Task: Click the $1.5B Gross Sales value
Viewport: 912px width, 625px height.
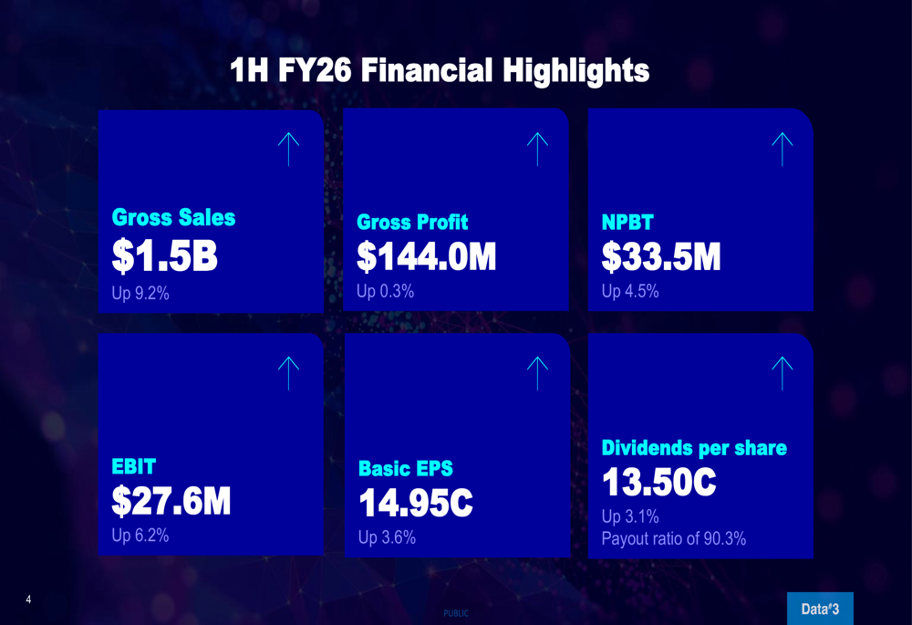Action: coord(165,257)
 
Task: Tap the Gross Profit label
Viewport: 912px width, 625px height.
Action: coord(412,222)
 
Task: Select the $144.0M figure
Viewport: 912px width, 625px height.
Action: coord(427,257)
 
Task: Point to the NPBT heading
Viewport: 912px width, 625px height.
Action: coord(627,222)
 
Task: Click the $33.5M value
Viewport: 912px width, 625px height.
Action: coord(661,257)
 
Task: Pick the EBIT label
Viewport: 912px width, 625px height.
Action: coord(134,466)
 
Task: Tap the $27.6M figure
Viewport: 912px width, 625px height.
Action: coord(171,501)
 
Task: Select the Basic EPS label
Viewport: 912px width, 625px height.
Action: coord(406,469)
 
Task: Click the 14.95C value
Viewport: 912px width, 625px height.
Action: coord(416,504)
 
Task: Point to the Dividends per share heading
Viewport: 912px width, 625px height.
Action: coord(694,448)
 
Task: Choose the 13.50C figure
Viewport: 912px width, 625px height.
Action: coord(658,483)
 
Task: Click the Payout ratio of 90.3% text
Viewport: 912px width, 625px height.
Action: coord(674,538)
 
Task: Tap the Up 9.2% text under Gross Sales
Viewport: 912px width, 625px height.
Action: coord(140,294)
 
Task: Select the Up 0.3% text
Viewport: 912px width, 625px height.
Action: coord(386,291)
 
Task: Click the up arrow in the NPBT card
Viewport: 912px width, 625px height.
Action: coord(782,149)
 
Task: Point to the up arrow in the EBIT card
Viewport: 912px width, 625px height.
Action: coord(288,373)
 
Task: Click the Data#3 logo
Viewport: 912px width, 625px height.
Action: coord(820,609)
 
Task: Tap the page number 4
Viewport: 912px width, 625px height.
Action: coord(28,599)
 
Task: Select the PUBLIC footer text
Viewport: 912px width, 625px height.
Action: coord(456,613)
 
